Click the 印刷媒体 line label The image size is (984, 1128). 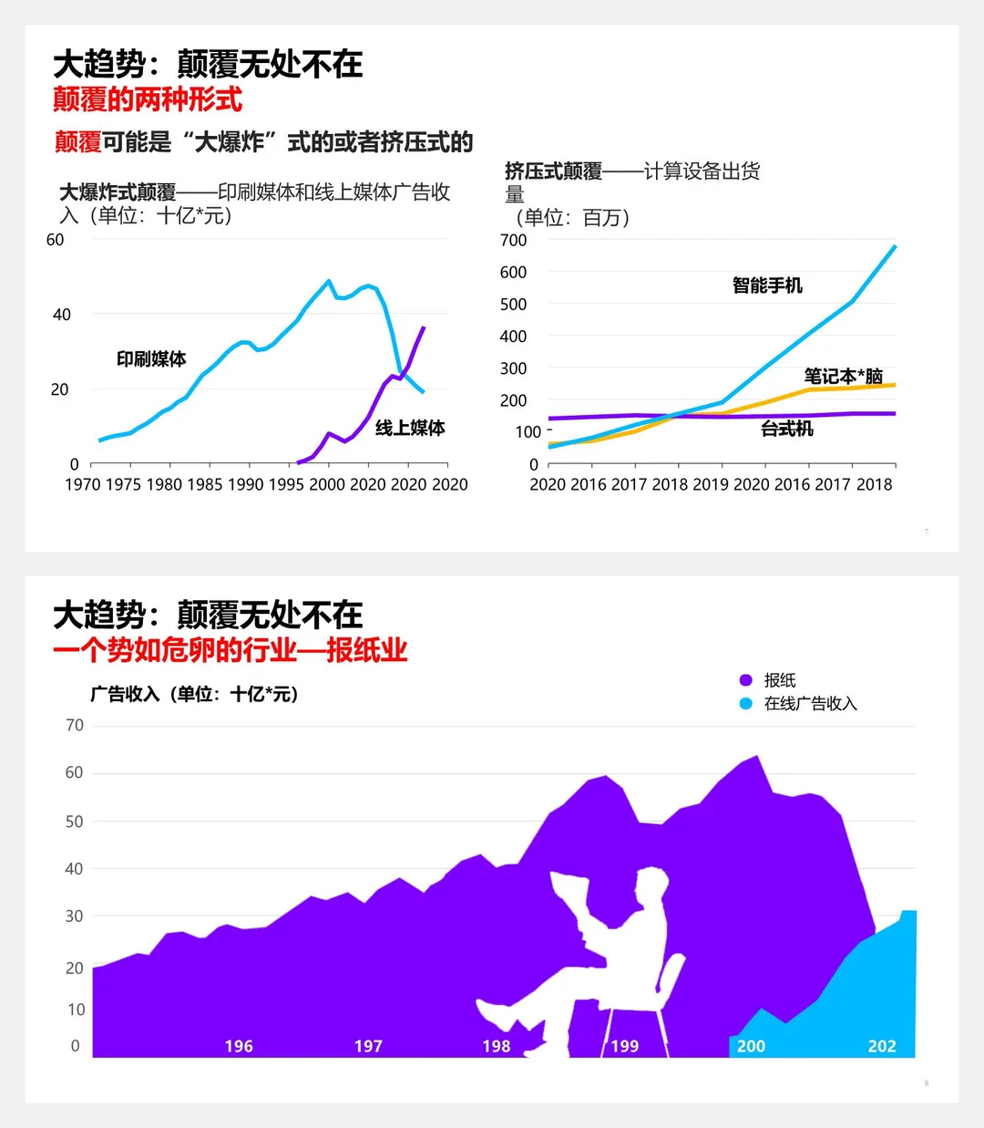pyautogui.click(x=151, y=359)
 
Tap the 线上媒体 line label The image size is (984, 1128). pyautogui.click(x=410, y=428)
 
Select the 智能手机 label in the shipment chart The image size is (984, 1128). pyautogui.click(x=767, y=285)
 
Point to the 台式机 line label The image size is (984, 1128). pyautogui.click(x=787, y=429)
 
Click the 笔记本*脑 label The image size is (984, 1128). pyautogui.click(x=843, y=376)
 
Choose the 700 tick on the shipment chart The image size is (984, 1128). pyautogui.click(x=513, y=240)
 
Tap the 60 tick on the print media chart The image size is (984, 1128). pyautogui.click(x=55, y=240)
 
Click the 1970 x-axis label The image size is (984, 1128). pyautogui.click(x=82, y=484)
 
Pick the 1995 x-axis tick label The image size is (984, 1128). pyautogui.click(x=286, y=484)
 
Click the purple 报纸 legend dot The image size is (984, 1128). pyautogui.click(x=746, y=680)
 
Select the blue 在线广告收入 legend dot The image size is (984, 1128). pyautogui.click(x=746, y=704)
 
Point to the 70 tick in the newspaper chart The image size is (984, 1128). pyautogui.click(x=75, y=725)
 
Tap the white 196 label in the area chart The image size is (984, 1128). pyautogui.click(x=239, y=1046)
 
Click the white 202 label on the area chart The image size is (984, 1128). pyautogui.click(x=882, y=1046)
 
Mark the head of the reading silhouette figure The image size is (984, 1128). pyautogui.click(x=652, y=886)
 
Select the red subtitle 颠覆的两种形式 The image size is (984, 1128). pyautogui.click(x=148, y=98)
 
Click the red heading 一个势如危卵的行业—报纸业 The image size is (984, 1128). pyautogui.click(x=230, y=650)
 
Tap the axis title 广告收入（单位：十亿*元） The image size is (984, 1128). pyautogui.click(x=194, y=694)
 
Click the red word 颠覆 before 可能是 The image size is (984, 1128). pyautogui.click(x=77, y=142)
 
